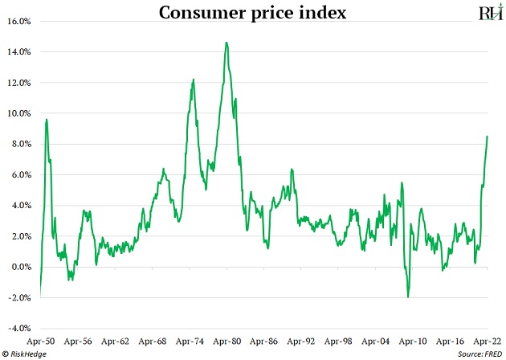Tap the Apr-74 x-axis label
click(x=190, y=341)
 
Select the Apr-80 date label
click(x=227, y=341)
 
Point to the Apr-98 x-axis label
click(x=338, y=341)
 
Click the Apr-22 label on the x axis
click(x=485, y=341)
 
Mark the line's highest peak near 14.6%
click(x=226, y=43)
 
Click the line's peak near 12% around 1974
click(x=194, y=80)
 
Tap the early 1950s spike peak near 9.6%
click(x=47, y=120)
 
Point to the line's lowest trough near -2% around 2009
click(x=408, y=297)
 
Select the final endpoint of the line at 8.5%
click(x=488, y=137)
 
